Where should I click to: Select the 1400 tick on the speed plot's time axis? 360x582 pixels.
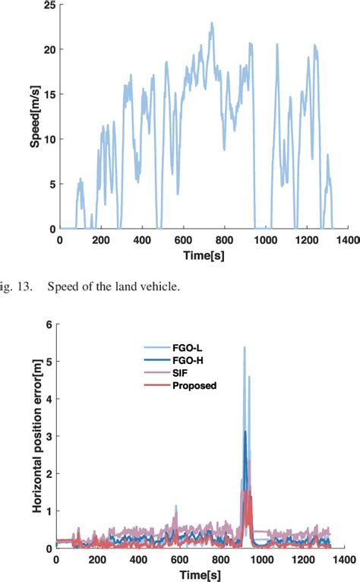(348, 240)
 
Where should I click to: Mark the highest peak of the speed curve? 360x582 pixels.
(212, 23)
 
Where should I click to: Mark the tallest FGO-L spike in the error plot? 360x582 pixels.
(244, 347)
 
